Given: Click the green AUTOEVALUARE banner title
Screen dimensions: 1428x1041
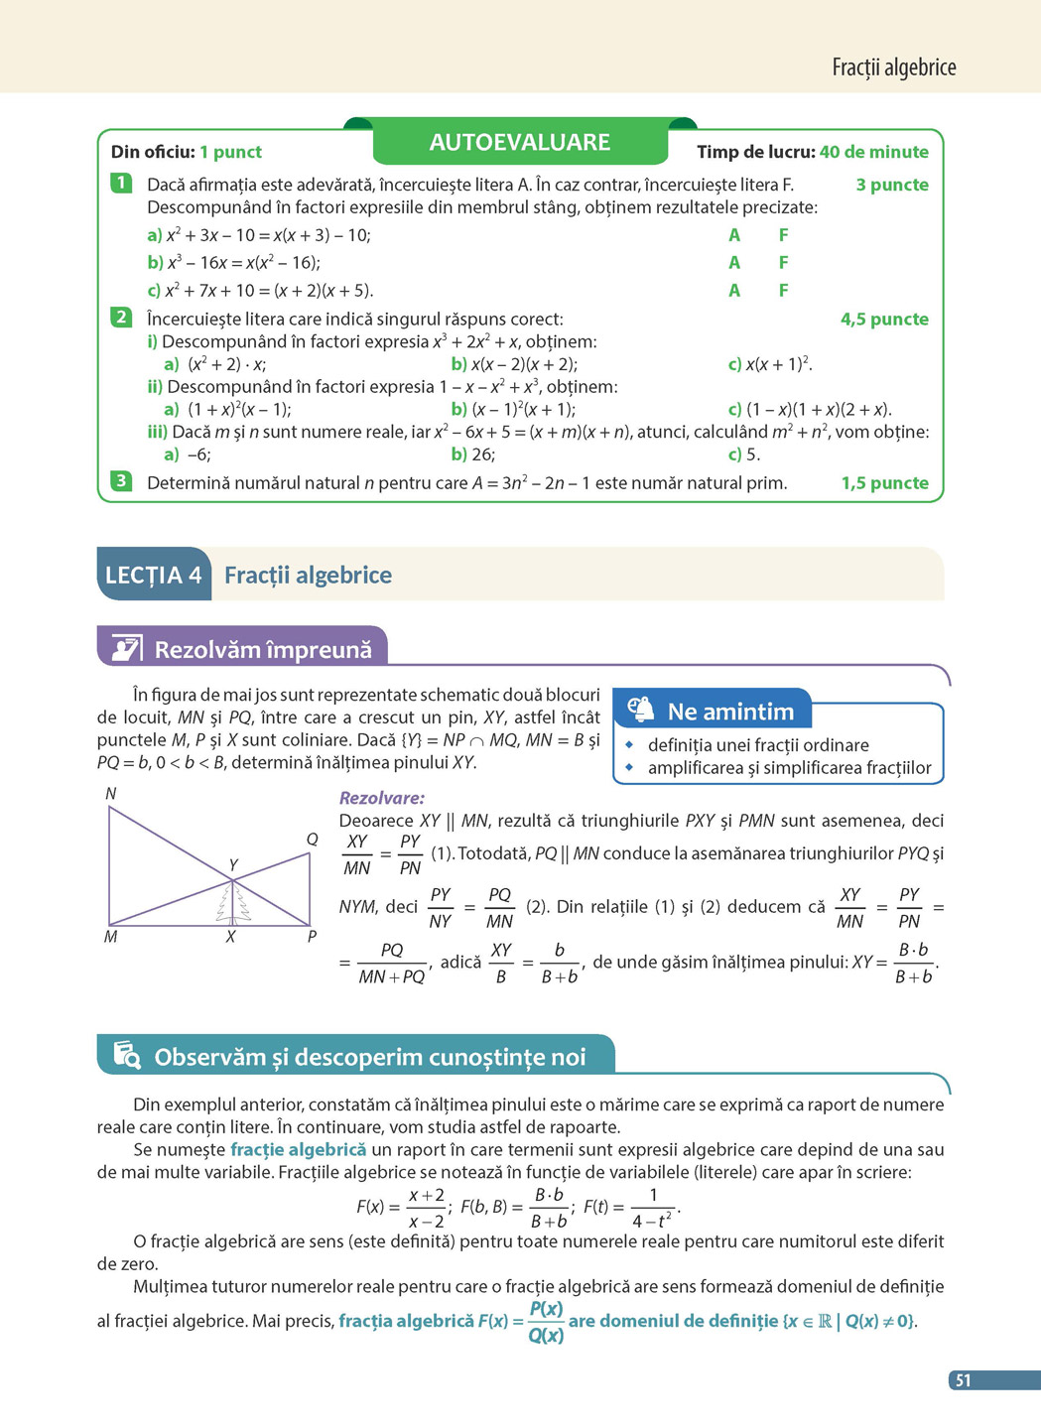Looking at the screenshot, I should (519, 142).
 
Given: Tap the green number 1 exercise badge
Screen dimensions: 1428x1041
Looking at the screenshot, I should (121, 183).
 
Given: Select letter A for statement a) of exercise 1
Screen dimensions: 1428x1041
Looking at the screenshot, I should (734, 235).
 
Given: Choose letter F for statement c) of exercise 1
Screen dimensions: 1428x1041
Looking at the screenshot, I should (783, 291).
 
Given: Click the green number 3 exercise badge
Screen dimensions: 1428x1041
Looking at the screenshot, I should (121, 481).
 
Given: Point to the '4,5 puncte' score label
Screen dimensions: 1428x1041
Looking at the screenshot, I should (884, 320).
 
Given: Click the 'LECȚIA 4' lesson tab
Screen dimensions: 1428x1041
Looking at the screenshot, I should (154, 575).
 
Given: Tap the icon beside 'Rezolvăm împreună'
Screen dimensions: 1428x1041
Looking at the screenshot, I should (127, 649).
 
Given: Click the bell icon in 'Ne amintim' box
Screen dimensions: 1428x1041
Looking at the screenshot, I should (641, 709).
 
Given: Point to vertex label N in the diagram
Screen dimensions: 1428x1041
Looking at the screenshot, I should (111, 794).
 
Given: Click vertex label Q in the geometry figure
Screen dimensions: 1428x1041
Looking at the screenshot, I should (312, 840).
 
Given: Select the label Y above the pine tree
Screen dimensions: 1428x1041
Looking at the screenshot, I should (233, 865).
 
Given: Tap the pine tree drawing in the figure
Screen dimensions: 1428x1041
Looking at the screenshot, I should (233, 904).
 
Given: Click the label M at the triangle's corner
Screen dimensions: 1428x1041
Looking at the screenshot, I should (110, 937).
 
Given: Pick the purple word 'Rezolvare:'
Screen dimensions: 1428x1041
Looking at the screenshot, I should (382, 798).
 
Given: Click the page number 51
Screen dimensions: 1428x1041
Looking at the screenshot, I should (963, 1380).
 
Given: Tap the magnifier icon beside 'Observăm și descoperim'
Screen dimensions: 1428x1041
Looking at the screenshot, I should (127, 1055).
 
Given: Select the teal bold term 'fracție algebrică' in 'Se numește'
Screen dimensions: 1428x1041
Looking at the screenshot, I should (298, 1149).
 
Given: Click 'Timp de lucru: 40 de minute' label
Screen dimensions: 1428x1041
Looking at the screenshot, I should (813, 152).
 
